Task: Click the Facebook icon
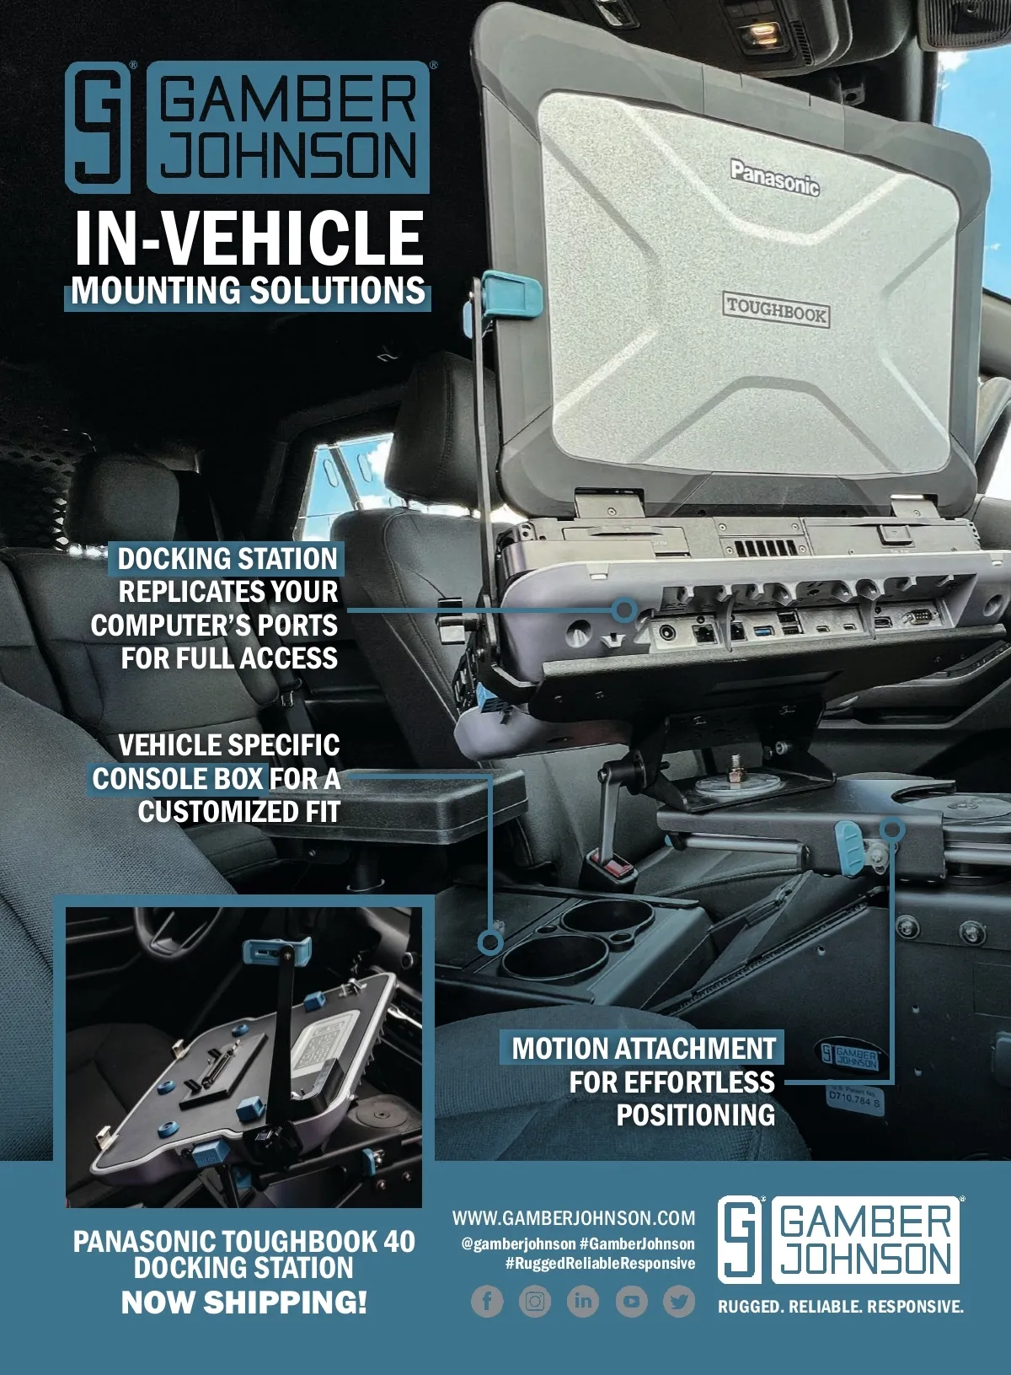[x=487, y=1302]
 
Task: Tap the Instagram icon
[x=535, y=1302]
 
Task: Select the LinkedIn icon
[x=583, y=1302]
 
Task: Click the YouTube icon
[x=631, y=1302]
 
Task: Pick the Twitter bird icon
[x=679, y=1302]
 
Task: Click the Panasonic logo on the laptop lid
[x=774, y=177]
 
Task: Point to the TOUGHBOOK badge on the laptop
[x=776, y=310]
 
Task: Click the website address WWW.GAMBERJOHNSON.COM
[x=574, y=1217]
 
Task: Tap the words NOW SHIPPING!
[x=244, y=1302]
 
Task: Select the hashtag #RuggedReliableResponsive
[x=600, y=1263]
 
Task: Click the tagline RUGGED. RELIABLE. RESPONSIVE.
[x=840, y=1307]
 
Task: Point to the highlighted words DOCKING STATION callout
[x=227, y=558]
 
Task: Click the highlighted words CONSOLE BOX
[x=178, y=778]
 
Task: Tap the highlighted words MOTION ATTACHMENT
[x=644, y=1048]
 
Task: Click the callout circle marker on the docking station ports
[x=624, y=609]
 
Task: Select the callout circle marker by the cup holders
[x=490, y=942]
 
